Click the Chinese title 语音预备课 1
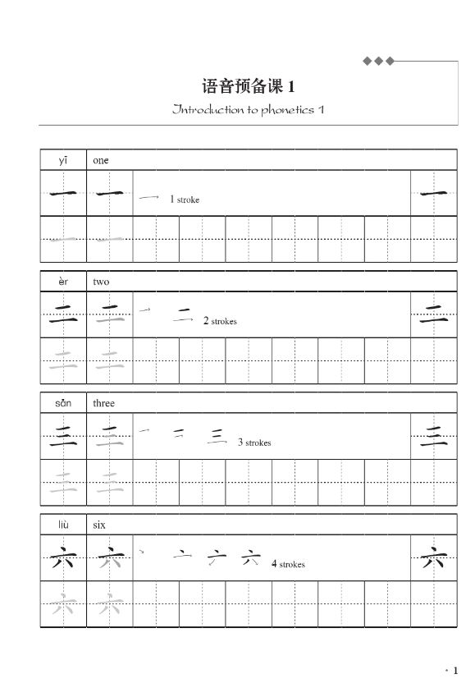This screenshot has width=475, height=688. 247,86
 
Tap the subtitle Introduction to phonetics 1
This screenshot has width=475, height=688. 249,109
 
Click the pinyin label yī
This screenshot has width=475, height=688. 63,160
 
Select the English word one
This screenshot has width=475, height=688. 100,160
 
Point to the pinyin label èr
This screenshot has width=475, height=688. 63,282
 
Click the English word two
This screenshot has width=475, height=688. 101,282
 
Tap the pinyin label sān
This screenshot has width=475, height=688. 63,403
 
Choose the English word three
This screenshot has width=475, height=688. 104,403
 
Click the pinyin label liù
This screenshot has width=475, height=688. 63,525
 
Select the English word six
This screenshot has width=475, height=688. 99,525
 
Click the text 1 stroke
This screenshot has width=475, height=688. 185,200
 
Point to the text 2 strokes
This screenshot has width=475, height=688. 220,321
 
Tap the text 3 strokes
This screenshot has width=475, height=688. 254,443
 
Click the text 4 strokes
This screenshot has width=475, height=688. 288,564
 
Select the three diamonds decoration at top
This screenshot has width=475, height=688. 379,61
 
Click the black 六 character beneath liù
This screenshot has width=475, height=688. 63,562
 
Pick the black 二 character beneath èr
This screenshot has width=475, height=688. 63,315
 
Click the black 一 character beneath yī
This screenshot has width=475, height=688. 63,195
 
